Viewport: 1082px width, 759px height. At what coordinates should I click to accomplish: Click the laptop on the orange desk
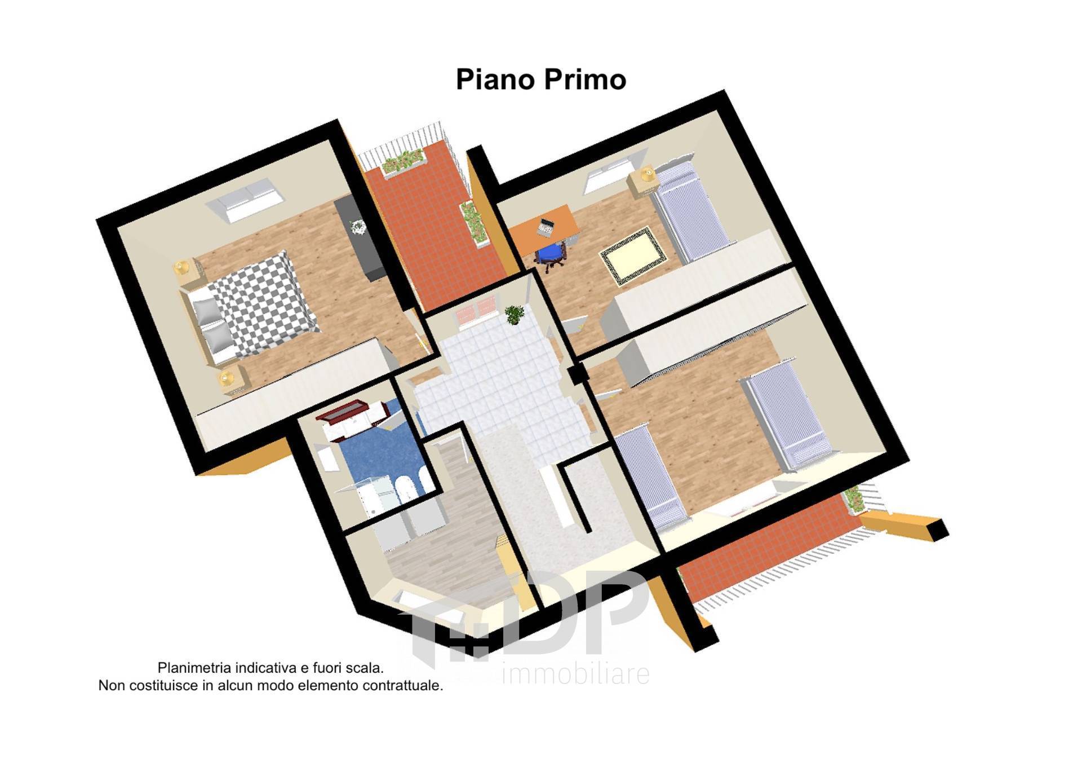pos(546,228)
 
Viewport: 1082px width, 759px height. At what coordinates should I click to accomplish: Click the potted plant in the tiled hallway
pos(513,314)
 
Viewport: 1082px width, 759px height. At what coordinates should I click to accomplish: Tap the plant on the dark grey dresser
pos(358,226)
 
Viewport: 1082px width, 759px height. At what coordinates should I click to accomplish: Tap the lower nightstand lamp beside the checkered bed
pos(227,377)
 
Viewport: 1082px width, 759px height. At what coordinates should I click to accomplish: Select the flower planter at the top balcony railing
pos(402,160)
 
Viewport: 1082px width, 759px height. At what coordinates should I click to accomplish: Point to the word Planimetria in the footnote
pos(194,668)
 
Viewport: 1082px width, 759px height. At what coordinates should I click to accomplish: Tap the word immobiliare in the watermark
pos(575,674)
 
